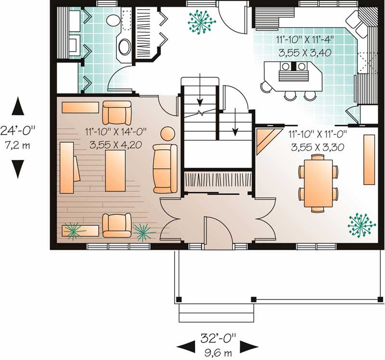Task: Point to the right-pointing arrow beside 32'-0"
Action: (248, 345)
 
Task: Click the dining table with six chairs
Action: (318, 183)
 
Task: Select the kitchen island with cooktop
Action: (292, 75)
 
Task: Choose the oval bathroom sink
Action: (124, 48)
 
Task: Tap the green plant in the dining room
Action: (361, 224)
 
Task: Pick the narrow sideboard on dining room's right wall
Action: (369, 160)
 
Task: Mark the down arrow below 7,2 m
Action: (18, 167)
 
